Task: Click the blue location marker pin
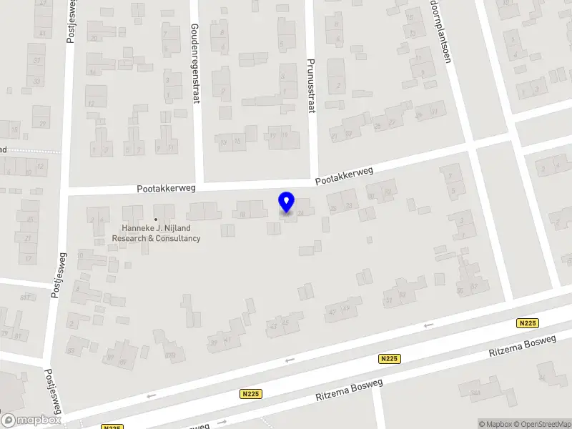[286, 202]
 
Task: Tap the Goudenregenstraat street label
[194, 63]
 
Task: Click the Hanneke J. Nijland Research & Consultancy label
[156, 233]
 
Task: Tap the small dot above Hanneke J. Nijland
[156, 220]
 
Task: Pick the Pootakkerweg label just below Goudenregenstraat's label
[167, 188]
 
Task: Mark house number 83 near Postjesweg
[70, 350]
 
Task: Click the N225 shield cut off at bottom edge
[111, 427]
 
